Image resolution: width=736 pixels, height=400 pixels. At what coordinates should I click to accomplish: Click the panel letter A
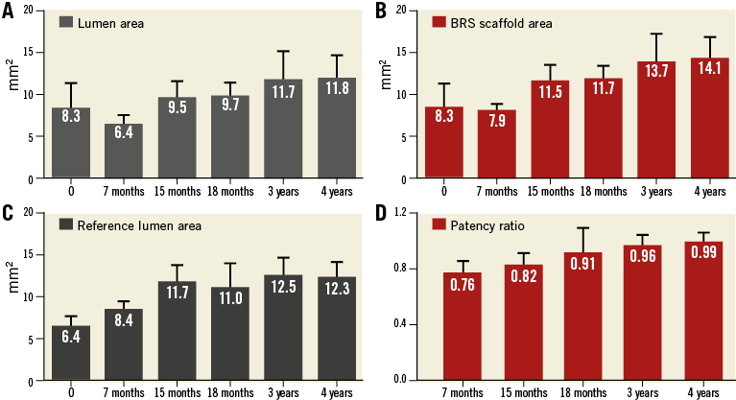coord(8,11)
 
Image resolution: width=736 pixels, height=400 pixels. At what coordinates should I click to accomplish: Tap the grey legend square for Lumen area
coord(67,22)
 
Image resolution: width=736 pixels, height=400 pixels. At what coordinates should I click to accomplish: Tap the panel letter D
coord(381,212)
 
